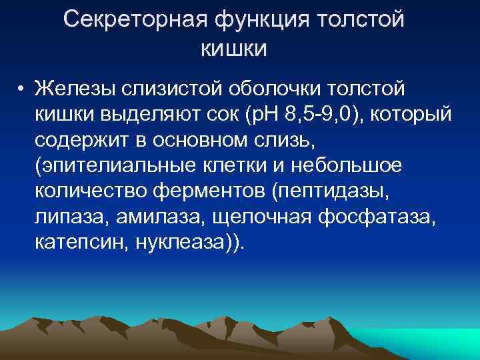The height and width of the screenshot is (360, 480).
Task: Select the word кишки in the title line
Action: coord(233,49)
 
